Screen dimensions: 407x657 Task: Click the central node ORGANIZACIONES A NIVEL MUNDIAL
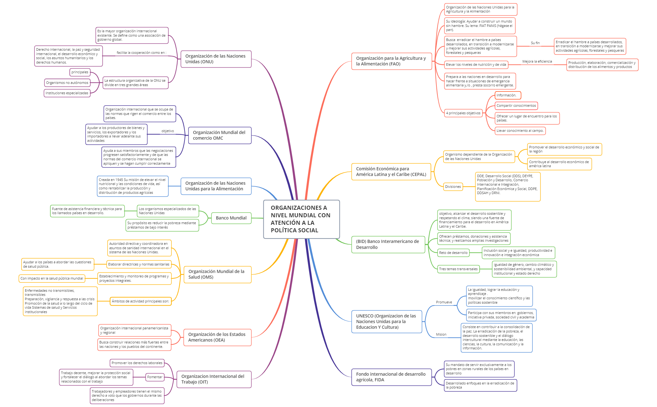coord(301,219)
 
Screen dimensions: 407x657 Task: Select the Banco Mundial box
coord(231,218)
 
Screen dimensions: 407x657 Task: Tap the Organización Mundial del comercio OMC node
coord(220,135)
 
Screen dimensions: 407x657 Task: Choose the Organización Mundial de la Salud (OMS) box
coord(217,274)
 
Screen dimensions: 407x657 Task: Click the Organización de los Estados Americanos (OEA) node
coord(217,337)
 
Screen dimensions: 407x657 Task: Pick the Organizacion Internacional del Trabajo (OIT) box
coord(214,379)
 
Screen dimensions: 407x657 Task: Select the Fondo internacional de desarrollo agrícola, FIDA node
coord(391,377)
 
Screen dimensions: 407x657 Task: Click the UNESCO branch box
coord(387,322)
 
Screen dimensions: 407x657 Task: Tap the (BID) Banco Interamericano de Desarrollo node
coord(388,245)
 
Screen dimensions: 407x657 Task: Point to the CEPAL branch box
coord(391,172)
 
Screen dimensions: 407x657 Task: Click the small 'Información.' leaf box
coord(507,95)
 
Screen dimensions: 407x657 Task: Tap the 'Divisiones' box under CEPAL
coord(453,187)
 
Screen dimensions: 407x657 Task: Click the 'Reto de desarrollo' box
coord(453,253)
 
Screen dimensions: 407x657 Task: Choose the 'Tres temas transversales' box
coord(458,269)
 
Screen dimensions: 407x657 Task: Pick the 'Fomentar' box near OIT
coord(155,377)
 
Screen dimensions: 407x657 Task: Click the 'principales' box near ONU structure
coord(80,72)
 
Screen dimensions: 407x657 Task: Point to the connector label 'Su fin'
coord(535,43)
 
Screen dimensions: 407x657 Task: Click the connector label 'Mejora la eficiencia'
coord(537,61)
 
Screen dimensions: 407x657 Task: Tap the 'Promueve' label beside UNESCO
coord(444,302)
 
